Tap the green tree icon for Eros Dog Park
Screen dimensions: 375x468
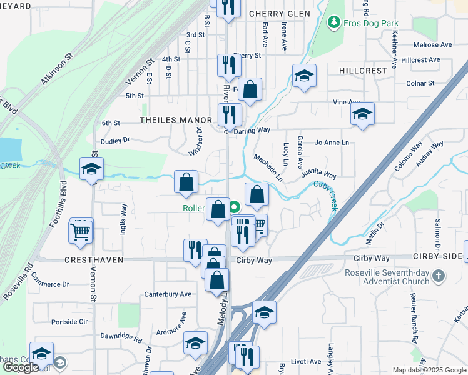tap(335, 23)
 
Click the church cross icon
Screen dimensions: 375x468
tap(439, 276)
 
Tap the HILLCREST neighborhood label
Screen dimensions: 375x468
tap(364, 71)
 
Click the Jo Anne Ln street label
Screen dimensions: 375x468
tap(332, 142)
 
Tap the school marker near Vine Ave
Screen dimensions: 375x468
tap(362, 115)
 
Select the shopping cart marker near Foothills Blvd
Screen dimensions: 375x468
tap(81, 232)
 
